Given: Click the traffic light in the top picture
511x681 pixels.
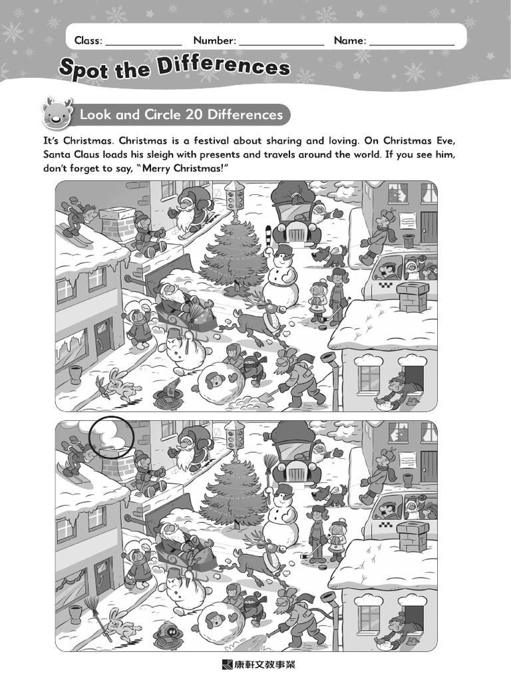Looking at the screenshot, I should (x=235, y=196).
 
